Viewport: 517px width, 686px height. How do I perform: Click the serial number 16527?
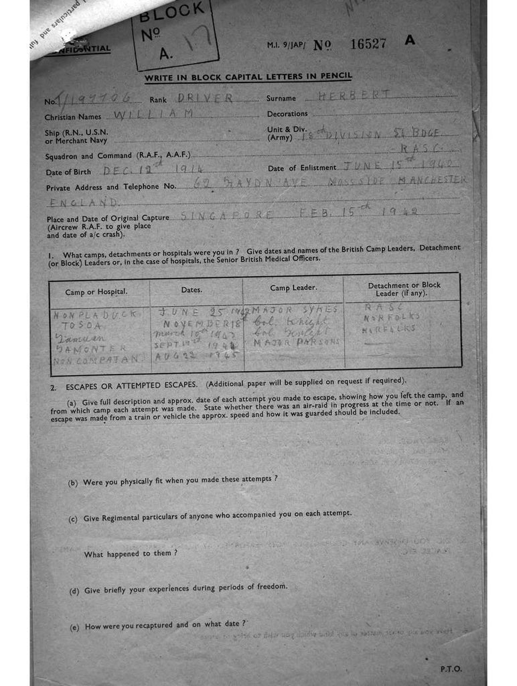coord(368,44)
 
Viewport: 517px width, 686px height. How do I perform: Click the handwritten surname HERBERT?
coord(354,96)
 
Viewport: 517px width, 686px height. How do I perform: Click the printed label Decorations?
coord(287,114)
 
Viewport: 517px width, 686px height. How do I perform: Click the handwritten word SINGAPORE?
coord(227,215)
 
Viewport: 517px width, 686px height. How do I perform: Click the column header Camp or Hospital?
coord(96,291)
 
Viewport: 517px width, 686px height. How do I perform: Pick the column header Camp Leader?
coord(293,288)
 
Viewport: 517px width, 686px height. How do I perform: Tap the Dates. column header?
coord(196,289)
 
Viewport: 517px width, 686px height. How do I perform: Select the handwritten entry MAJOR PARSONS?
coord(296,342)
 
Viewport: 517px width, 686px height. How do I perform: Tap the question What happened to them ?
coord(131,554)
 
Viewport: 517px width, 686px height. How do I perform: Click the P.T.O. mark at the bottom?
coord(451,669)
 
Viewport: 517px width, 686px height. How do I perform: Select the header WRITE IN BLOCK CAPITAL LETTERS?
coord(248,77)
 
